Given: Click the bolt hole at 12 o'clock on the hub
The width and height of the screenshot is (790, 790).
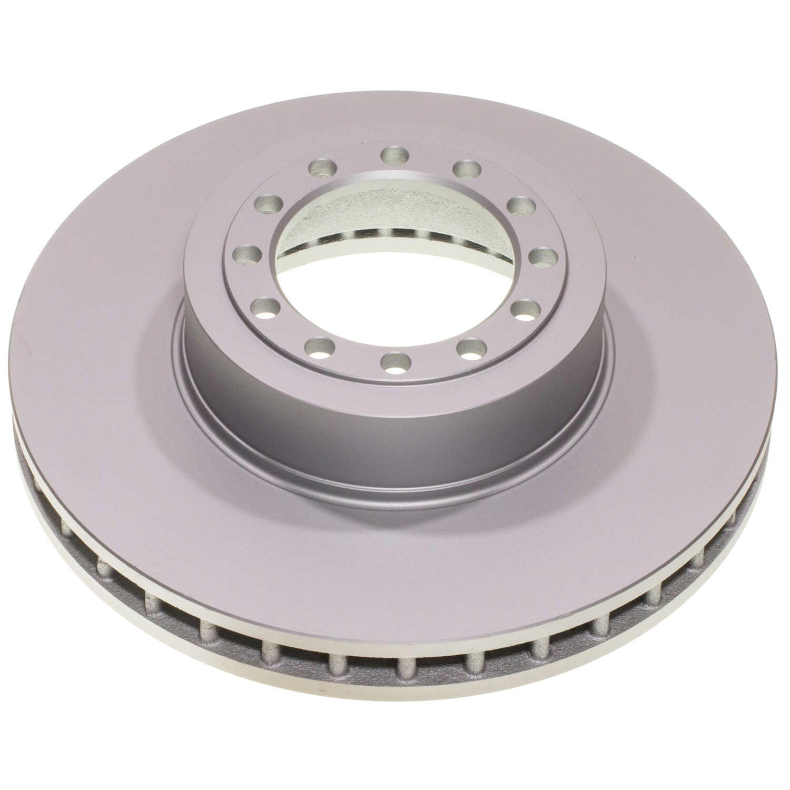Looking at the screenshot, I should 394,155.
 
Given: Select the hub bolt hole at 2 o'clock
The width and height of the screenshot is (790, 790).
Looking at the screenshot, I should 521,205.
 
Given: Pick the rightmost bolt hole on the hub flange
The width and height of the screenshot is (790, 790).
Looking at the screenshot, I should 543,257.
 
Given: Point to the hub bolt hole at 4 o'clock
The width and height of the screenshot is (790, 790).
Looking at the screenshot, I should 524,309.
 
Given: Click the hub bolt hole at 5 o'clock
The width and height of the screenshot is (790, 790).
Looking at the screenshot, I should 471,347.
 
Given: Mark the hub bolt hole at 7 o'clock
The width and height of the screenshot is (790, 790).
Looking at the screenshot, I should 320,348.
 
